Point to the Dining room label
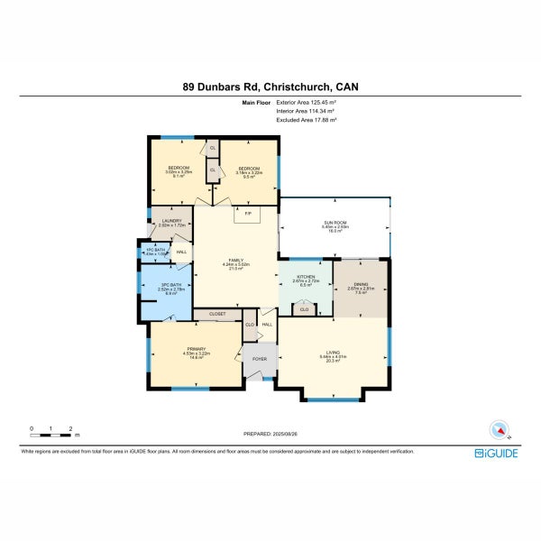(360, 285)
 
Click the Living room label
(333, 353)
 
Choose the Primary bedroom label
(197, 350)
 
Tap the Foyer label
(260, 359)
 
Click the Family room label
(236, 261)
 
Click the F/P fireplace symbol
(245, 214)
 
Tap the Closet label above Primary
(217, 314)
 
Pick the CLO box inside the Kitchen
(304, 308)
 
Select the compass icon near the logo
(499, 429)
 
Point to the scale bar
(51, 435)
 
